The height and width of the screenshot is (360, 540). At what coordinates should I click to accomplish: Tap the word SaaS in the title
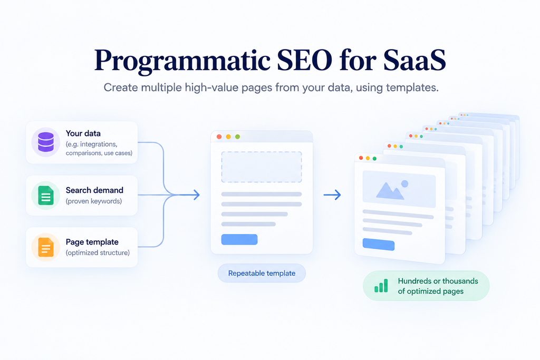coord(414,60)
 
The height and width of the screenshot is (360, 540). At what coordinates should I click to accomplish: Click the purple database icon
coord(46,142)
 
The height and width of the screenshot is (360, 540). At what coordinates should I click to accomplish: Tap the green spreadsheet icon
coord(46,195)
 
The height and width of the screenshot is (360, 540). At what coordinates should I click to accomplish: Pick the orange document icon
coord(46,247)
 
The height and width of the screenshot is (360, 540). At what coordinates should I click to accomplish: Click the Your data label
coord(83,133)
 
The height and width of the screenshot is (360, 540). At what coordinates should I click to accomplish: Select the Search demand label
coord(94,190)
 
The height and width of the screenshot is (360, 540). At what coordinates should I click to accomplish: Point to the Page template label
coord(92,242)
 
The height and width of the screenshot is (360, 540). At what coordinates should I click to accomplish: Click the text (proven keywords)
coord(94,201)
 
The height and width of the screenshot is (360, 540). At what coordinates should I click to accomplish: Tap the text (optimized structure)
coord(98,252)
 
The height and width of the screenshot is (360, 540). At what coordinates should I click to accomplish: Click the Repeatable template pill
coord(262,273)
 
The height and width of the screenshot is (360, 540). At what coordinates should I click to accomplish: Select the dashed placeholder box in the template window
coord(262,167)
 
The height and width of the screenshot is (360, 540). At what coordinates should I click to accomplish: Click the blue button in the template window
coord(239,239)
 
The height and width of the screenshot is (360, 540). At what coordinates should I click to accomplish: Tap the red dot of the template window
coord(219,137)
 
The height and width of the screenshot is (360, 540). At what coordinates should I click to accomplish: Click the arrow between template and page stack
coord(332,195)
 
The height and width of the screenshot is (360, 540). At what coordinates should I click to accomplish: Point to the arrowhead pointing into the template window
coord(196,195)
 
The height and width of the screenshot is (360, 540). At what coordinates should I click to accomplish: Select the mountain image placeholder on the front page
coord(399,189)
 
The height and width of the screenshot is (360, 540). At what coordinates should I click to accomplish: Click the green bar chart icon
coord(381,286)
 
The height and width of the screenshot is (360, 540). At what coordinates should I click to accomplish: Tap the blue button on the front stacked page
coord(379,245)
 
